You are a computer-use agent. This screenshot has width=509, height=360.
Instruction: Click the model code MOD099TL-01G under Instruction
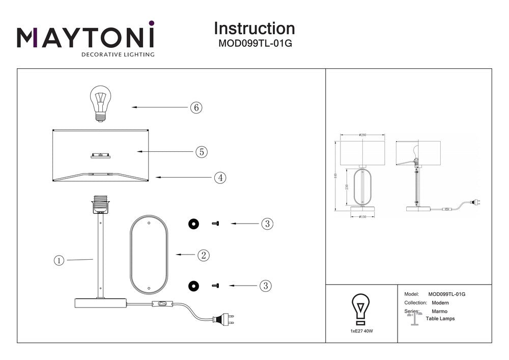point(254,44)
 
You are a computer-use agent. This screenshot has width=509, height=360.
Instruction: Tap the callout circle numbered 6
point(196,107)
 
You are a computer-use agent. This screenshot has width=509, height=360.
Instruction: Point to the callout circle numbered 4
point(220,178)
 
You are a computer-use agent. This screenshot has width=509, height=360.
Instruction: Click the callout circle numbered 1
point(59,260)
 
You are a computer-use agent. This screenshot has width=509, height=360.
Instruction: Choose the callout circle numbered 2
point(203,255)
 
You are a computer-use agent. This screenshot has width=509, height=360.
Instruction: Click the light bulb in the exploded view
point(100,103)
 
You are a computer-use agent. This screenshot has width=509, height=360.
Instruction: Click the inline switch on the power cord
point(163,305)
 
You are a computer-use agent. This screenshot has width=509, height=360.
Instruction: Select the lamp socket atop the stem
point(100,206)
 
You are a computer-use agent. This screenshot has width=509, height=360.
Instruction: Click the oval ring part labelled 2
point(149,254)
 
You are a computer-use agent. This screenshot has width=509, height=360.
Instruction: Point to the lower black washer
point(193,286)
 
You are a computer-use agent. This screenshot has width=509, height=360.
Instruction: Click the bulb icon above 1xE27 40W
point(361,309)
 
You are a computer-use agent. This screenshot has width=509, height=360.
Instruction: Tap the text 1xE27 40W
point(361,331)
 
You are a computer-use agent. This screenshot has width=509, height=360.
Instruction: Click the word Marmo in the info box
point(439,311)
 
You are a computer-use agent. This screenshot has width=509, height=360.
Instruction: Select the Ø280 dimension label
point(362,135)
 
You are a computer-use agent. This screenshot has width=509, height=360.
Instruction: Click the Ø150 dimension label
point(363,216)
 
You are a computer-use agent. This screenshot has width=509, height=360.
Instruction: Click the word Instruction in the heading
point(254,29)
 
